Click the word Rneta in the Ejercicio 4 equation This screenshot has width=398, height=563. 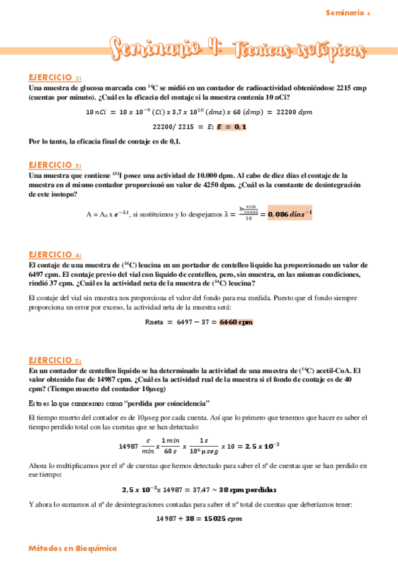pyautogui.click(x=157, y=322)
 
